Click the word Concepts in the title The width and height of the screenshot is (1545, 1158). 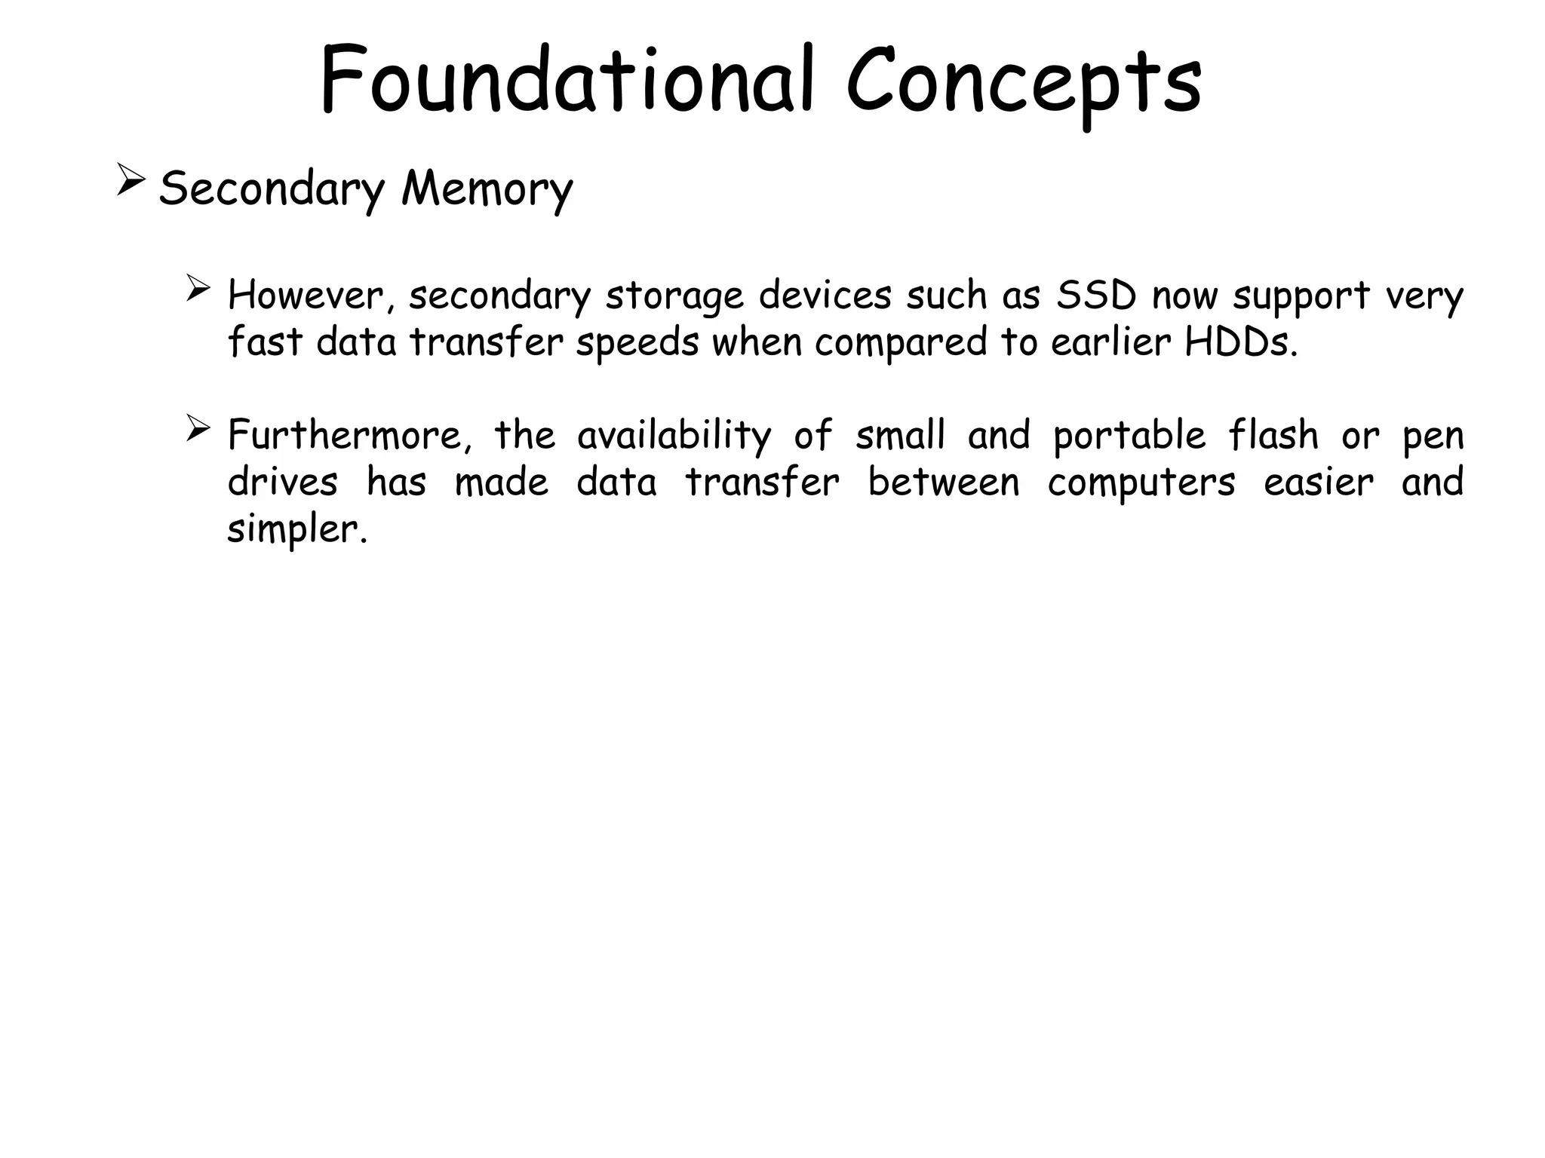(1023, 83)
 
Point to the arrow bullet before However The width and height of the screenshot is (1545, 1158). (198, 289)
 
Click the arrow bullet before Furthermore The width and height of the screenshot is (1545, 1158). (198, 429)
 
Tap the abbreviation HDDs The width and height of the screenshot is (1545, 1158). (1241, 342)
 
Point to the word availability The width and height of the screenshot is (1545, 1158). (674, 436)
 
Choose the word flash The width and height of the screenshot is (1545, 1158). (1273, 435)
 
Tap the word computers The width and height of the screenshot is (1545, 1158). (1141, 483)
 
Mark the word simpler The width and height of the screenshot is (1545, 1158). (296, 530)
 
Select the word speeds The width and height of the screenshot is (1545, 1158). (637, 344)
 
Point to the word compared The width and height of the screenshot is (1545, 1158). (900, 344)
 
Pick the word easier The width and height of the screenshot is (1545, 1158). (1318, 482)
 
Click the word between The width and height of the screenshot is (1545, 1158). (943, 482)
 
